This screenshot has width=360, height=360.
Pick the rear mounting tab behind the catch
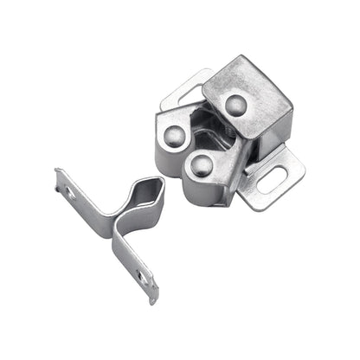185,87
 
